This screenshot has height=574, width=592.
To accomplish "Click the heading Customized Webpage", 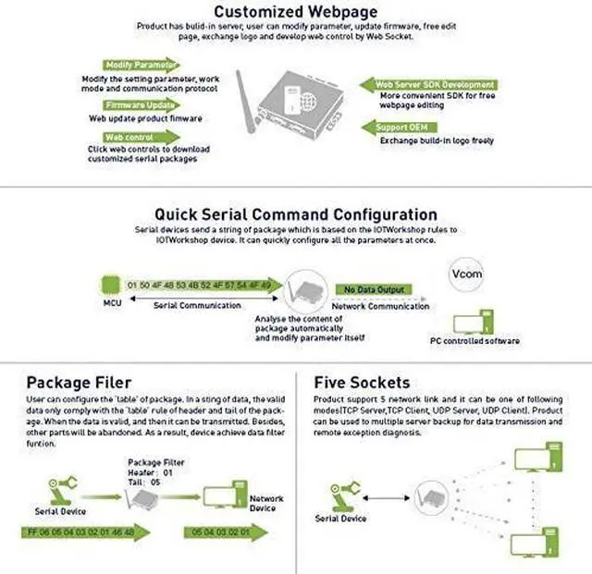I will point(295,12).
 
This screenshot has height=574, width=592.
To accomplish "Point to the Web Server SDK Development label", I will point(436,84).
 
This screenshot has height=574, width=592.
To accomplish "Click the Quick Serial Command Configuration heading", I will point(295,214).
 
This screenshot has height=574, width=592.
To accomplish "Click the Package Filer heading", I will point(79,382).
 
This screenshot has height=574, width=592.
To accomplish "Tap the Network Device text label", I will point(267,502).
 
